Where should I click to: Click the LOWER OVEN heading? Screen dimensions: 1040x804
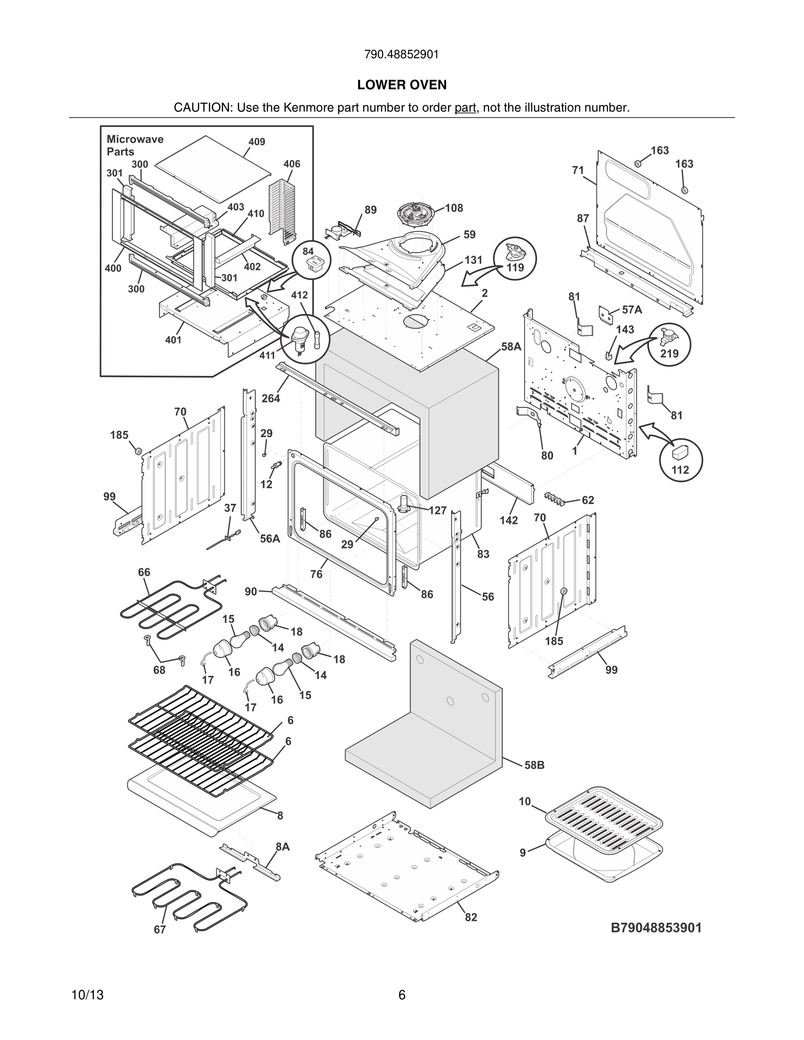[402, 85]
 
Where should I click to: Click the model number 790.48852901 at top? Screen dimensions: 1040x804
[402, 55]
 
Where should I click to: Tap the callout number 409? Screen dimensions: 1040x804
[256, 142]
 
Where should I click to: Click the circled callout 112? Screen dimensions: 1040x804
[680, 460]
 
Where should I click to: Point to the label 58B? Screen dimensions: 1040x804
[534, 765]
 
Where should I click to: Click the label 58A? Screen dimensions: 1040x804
[511, 347]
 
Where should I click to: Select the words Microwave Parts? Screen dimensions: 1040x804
[135, 145]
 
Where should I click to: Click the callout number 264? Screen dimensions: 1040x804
[271, 398]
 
